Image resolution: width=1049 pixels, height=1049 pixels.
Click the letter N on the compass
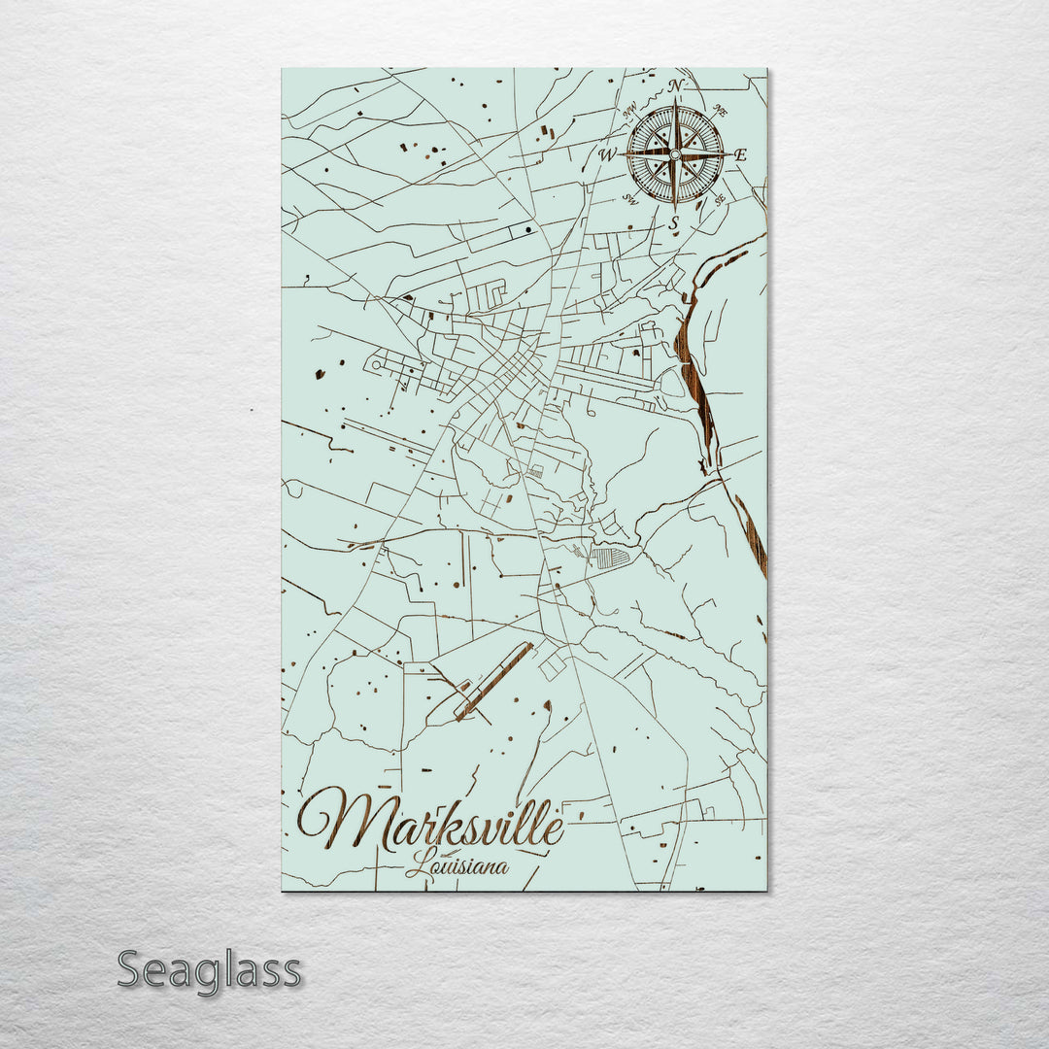[x=676, y=86]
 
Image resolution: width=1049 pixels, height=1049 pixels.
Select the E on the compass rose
[x=740, y=154]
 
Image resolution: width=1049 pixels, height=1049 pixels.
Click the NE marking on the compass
[x=720, y=111]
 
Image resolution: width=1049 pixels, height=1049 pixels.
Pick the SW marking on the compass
[x=630, y=199]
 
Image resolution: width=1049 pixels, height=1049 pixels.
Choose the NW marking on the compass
[x=630, y=108]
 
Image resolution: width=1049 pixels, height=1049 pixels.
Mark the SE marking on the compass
[x=720, y=200]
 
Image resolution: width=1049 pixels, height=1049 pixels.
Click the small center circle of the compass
[x=675, y=154]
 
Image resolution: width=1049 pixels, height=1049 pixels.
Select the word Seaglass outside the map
[x=209, y=970]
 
